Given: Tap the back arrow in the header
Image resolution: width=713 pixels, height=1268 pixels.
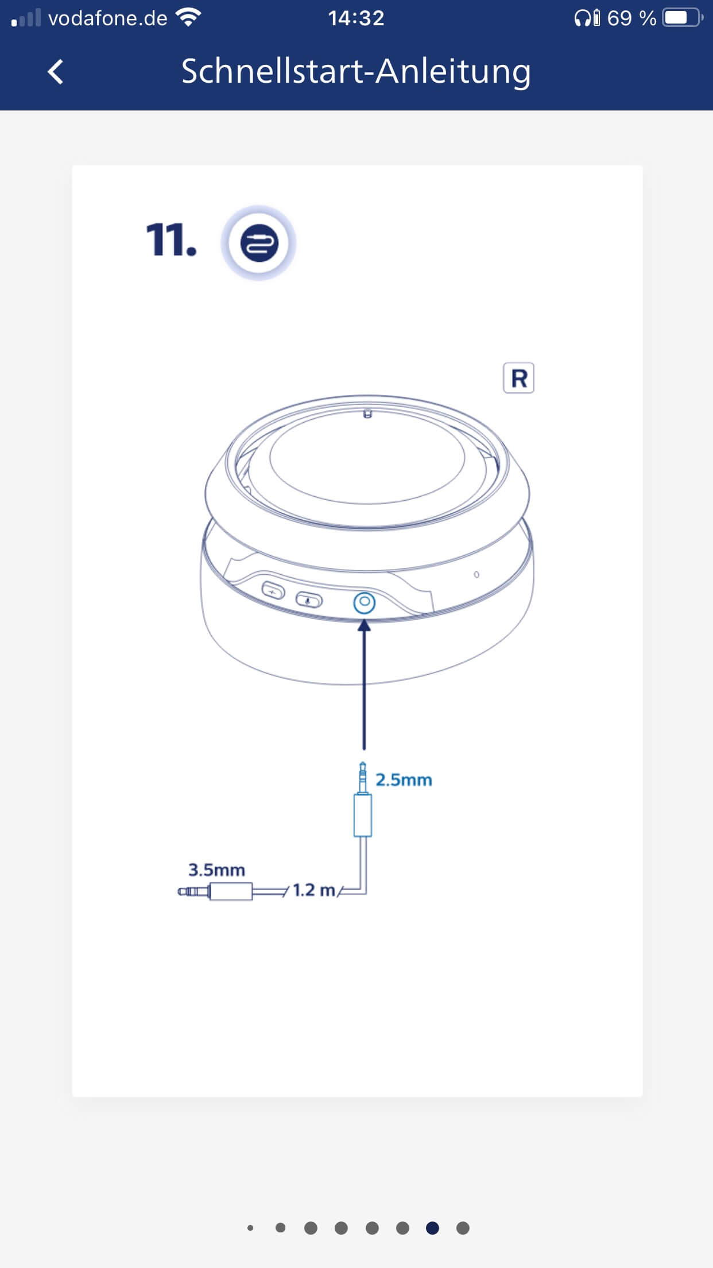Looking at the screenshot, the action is pyautogui.click(x=56, y=72).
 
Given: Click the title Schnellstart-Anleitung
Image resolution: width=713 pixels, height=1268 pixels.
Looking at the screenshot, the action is pyautogui.click(x=356, y=72).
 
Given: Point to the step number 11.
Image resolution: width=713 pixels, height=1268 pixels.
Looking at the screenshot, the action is pyautogui.click(x=171, y=239).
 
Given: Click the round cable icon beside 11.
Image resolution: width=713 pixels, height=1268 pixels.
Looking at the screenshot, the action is pyautogui.click(x=259, y=243).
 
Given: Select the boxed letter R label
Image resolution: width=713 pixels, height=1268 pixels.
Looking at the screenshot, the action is pyautogui.click(x=518, y=378).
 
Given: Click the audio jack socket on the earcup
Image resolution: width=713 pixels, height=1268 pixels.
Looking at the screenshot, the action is pyautogui.click(x=364, y=603).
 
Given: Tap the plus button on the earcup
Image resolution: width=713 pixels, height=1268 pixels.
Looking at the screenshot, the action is pyautogui.click(x=273, y=590).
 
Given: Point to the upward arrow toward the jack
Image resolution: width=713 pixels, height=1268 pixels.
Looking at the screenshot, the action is pyautogui.click(x=364, y=683).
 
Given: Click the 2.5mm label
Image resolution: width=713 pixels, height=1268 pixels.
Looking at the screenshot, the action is pyautogui.click(x=404, y=780).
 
